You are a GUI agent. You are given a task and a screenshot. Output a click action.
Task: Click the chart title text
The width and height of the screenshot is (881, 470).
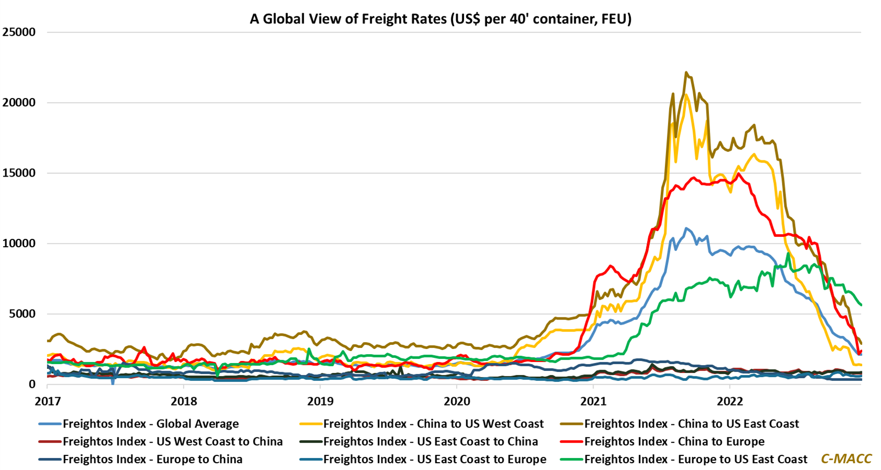tap(440, 19)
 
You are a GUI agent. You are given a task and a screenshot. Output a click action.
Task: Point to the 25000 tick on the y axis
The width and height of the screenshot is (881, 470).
tap(19, 32)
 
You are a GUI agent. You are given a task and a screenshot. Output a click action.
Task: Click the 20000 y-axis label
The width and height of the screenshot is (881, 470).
tap(19, 103)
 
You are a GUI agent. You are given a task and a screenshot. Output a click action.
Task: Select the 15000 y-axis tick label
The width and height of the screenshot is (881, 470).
tap(19, 173)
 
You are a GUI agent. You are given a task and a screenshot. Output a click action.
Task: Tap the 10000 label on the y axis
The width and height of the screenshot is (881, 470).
tap(19, 244)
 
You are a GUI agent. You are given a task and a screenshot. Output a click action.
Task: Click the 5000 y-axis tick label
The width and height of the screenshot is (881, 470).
tap(22, 314)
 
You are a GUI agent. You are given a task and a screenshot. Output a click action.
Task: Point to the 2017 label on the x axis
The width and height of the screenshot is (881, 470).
tap(48, 402)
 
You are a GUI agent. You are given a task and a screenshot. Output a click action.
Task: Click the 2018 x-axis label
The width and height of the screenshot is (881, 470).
tap(184, 402)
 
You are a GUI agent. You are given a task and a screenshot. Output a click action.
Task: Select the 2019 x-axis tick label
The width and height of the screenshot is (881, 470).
tap(320, 402)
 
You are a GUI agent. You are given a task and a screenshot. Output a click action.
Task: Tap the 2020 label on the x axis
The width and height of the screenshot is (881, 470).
tap(457, 402)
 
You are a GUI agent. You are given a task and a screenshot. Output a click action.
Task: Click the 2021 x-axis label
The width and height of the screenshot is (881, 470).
tap(593, 402)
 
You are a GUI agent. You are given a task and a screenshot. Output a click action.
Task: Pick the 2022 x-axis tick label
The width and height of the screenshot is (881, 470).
tap(730, 402)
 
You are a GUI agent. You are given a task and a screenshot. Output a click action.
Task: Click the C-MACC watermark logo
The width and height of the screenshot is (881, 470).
tap(846, 459)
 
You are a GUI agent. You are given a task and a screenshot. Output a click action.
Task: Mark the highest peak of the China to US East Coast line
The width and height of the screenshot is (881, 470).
tap(686, 73)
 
